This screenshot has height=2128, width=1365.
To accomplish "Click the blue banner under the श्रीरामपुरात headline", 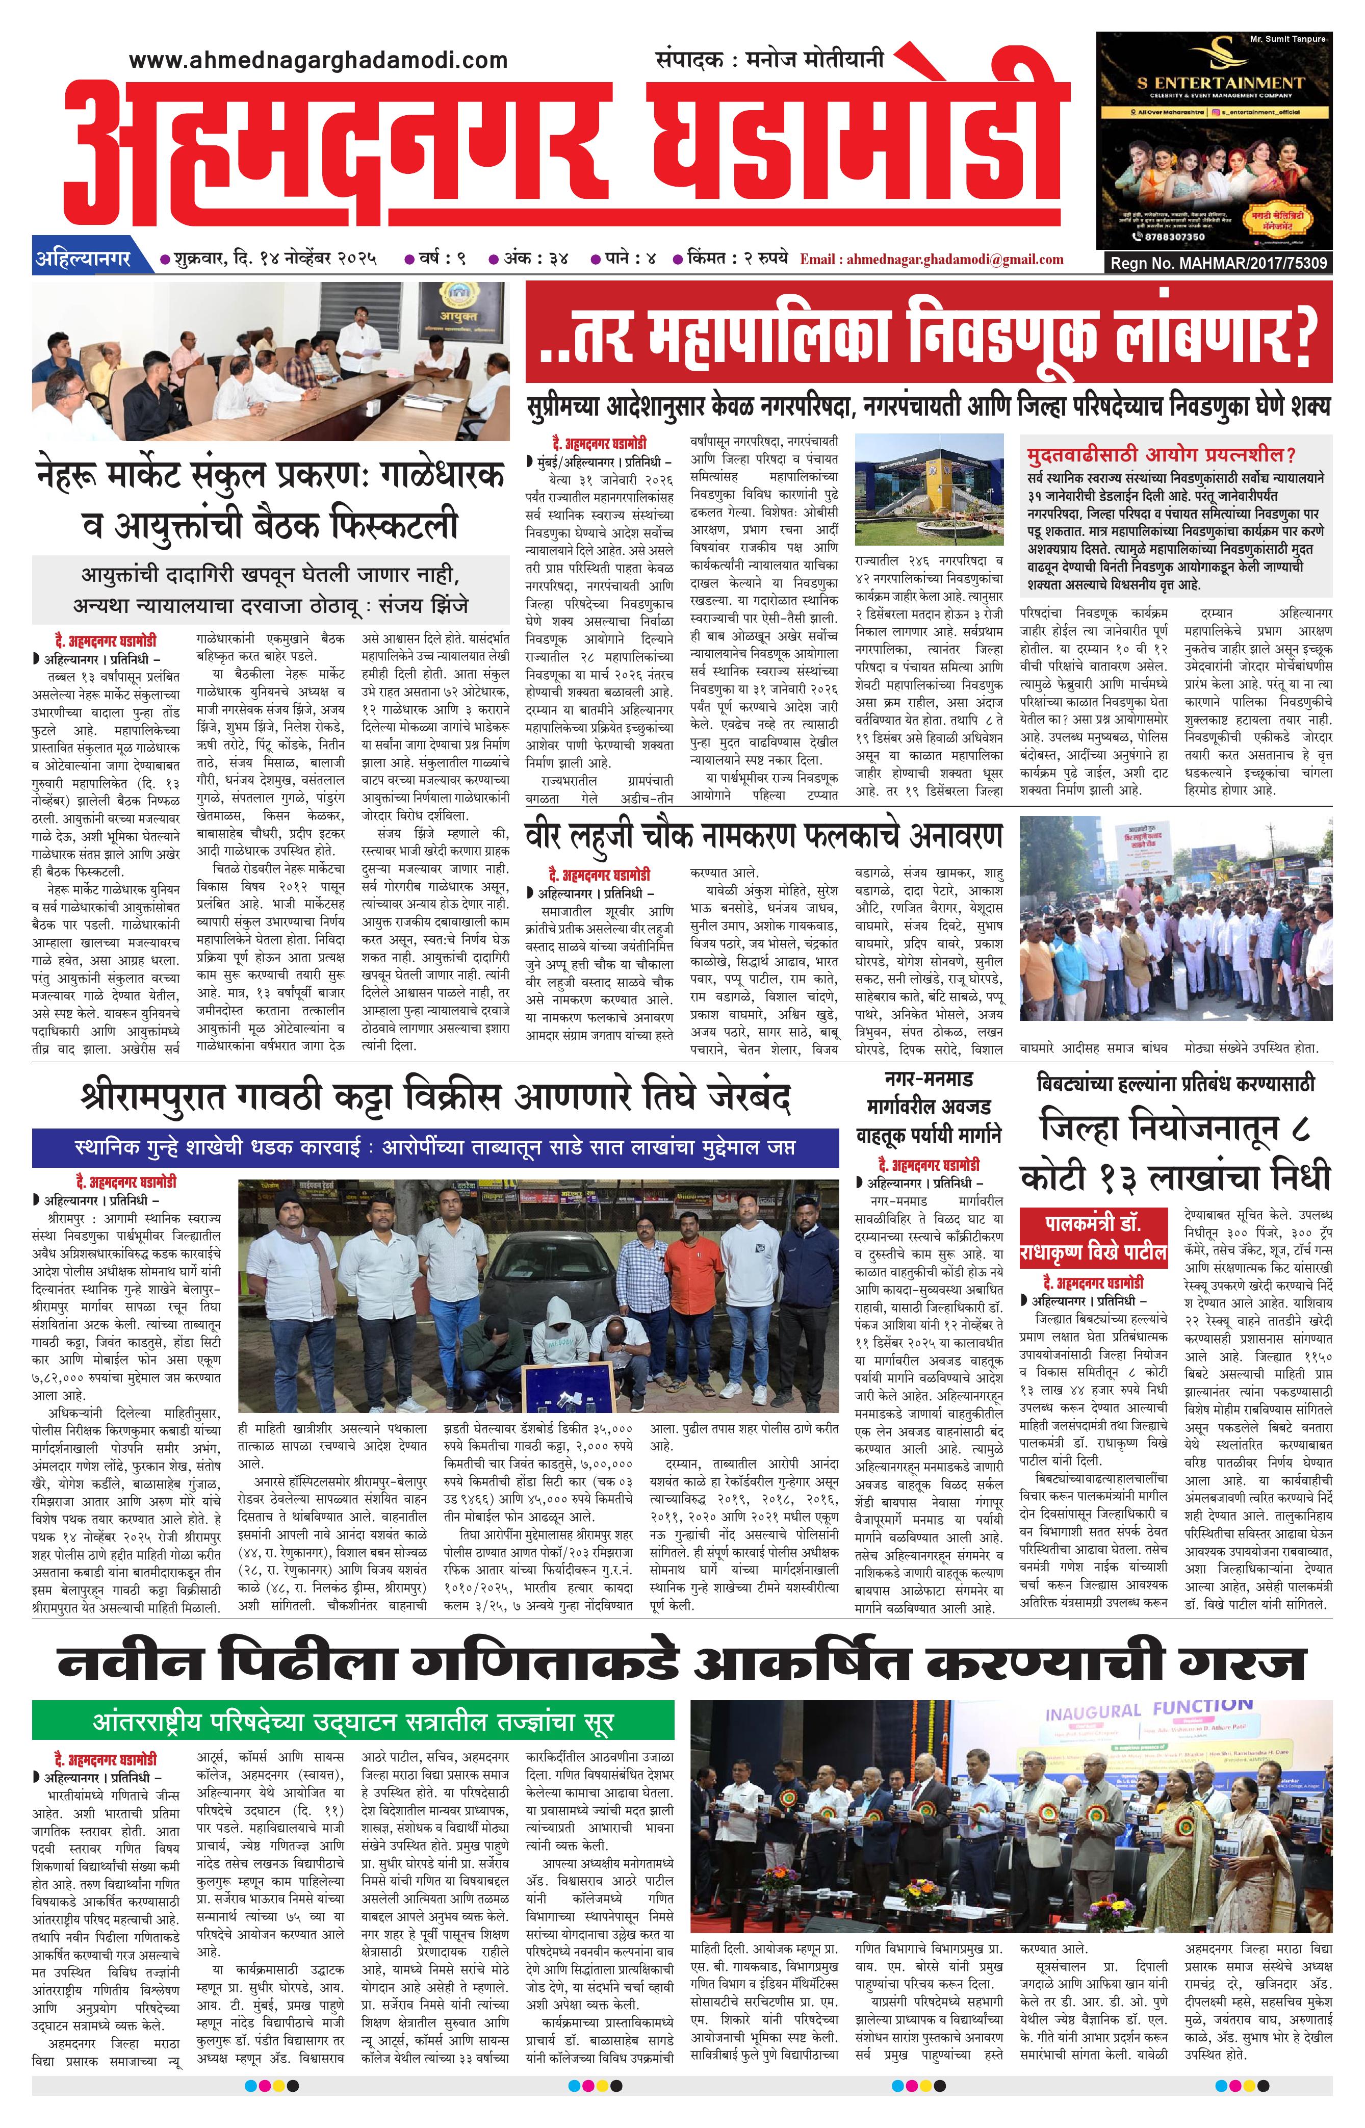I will pyautogui.click(x=434, y=1148).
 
